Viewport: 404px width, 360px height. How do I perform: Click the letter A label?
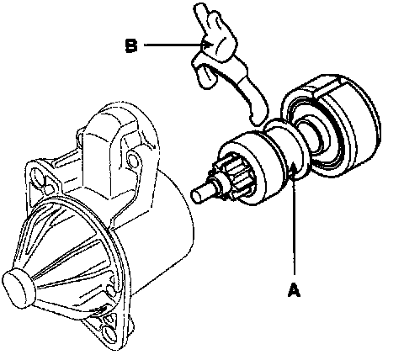click(294, 290)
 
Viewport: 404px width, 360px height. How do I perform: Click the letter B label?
click(131, 45)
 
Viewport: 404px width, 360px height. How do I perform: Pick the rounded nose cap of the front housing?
click(19, 288)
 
